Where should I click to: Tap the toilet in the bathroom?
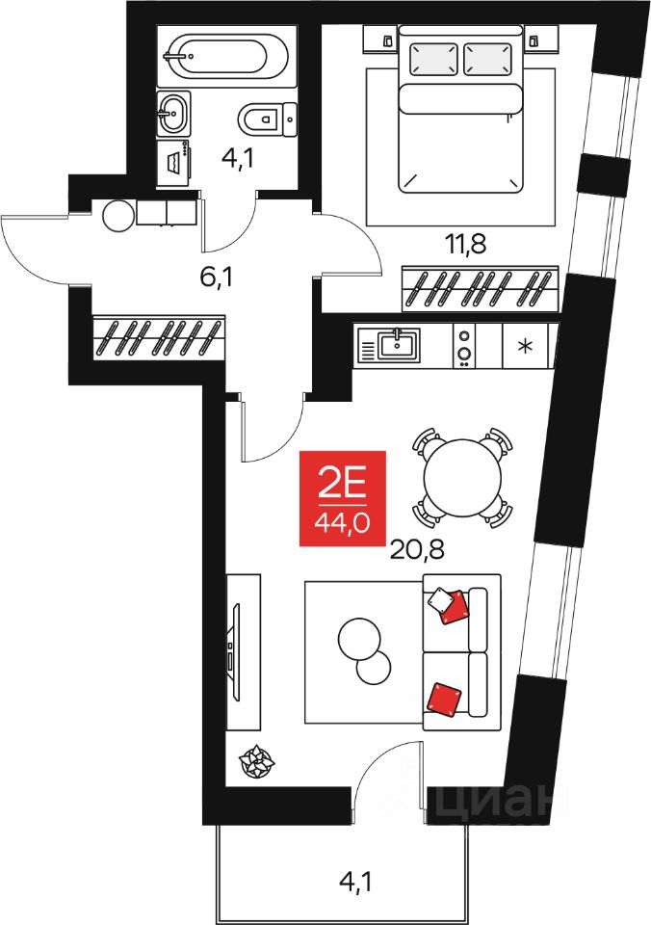(x=267, y=119)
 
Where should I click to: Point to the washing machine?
(x=174, y=162)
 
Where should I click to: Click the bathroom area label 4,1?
(x=238, y=159)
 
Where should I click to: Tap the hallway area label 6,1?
(x=217, y=277)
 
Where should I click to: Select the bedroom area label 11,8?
(x=466, y=244)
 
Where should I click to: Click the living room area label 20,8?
(x=418, y=550)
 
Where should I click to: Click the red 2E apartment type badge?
(x=343, y=498)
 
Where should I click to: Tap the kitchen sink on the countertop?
(x=398, y=345)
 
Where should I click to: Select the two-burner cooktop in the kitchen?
(x=465, y=346)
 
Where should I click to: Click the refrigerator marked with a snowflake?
(x=524, y=346)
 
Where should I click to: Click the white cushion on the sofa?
(x=440, y=600)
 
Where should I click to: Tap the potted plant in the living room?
(x=256, y=761)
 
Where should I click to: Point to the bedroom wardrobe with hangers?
(x=480, y=288)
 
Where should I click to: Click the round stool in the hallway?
(x=118, y=217)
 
